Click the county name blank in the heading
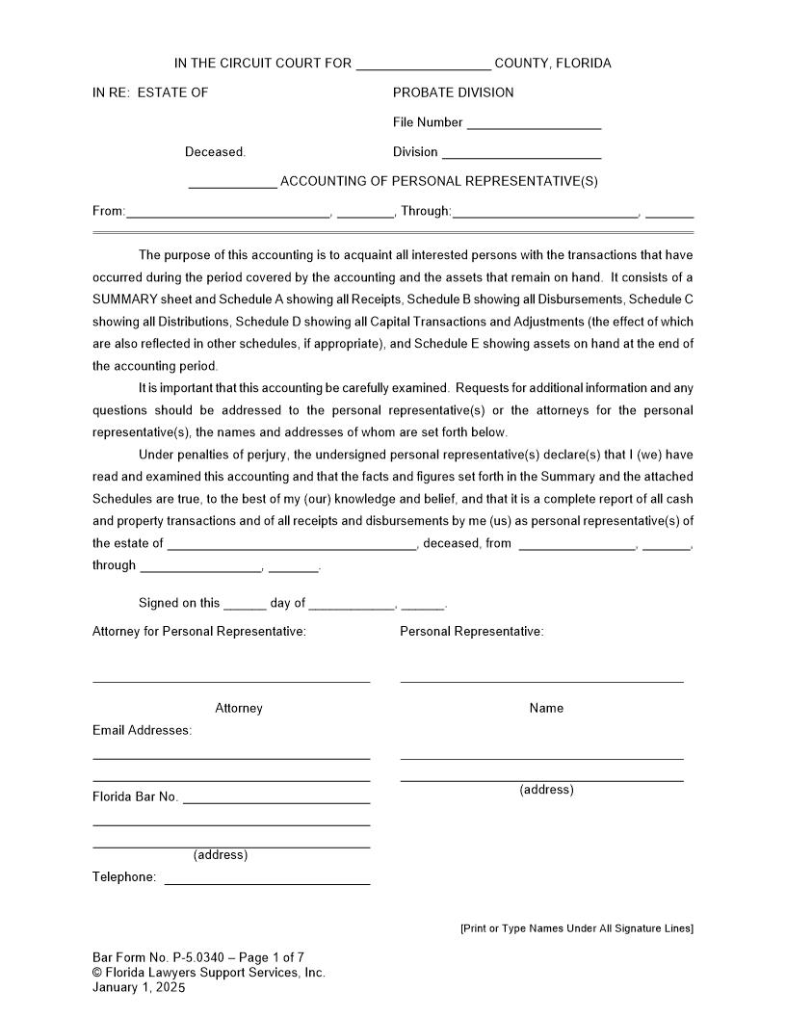(x=423, y=65)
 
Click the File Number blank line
(x=534, y=124)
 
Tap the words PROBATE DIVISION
(x=453, y=92)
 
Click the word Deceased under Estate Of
(x=215, y=152)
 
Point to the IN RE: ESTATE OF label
(x=150, y=92)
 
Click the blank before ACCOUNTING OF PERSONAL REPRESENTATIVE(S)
(x=232, y=183)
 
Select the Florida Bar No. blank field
(x=275, y=798)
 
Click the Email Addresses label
(x=142, y=730)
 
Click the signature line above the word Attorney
(x=231, y=680)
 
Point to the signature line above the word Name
(x=541, y=680)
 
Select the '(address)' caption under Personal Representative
(x=546, y=790)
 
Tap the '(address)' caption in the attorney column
(x=221, y=855)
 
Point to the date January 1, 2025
(x=139, y=988)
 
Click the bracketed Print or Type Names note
(x=576, y=928)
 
